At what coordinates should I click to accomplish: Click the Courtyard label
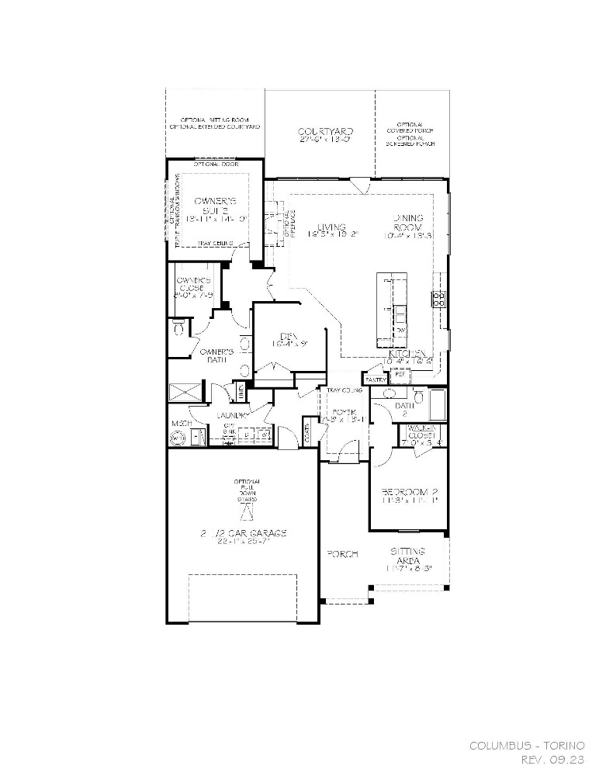tap(326, 132)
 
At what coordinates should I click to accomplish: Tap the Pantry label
tap(376, 379)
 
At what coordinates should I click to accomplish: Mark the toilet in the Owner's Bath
tap(178, 330)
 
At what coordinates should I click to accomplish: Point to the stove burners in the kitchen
tap(439, 299)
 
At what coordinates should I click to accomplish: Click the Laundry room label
tap(233, 417)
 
